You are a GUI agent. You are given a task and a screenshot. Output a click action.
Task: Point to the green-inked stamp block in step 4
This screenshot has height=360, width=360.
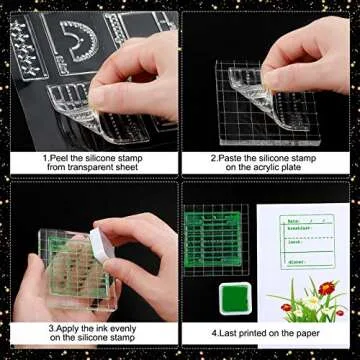pyautogui.click(x=215, y=240)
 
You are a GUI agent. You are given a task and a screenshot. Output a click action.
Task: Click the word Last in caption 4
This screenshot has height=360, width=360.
pyautogui.click(x=233, y=332)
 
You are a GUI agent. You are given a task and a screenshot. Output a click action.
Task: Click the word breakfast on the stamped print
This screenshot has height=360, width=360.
pyautogui.click(x=298, y=230)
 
